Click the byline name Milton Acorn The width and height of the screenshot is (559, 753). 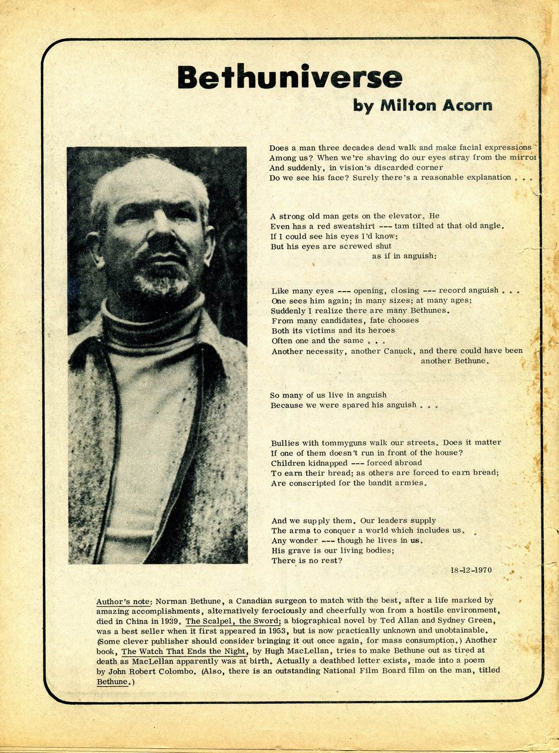point(436,106)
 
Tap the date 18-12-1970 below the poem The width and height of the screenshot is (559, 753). point(471,570)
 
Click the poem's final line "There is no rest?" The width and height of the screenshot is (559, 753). point(306,561)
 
